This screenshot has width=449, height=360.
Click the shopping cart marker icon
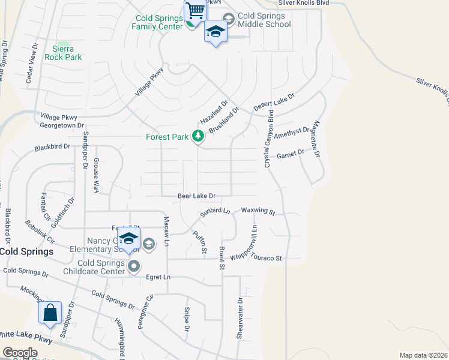pyautogui.click(x=195, y=11)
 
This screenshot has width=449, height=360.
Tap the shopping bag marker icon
pyautogui.click(x=50, y=312)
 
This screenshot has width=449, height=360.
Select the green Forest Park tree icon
pyautogui.click(x=197, y=137)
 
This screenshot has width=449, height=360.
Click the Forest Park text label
pyautogui.click(x=167, y=137)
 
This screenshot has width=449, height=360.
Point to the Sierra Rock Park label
pyautogui.click(x=63, y=53)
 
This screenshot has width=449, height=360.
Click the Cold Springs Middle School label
pyautogui.click(x=264, y=20)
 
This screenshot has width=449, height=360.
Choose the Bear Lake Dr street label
pyautogui.click(x=196, y=196)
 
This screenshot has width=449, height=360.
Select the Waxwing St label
pyautogui.click(x=258, y=211)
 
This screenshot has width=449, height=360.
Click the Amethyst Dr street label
pyautogui.click(x=292, y=133)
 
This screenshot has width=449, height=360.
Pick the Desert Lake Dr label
pyautogui.click(x=274, y=101)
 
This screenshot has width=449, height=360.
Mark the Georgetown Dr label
pyautogui.click(x=62, y=125)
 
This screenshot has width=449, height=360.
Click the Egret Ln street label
pyautogui.click(x=158, y=277)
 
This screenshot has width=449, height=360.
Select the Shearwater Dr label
pyautogui.click(x=240, y=318)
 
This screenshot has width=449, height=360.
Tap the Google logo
pyautogui.click(x=20, y=353)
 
